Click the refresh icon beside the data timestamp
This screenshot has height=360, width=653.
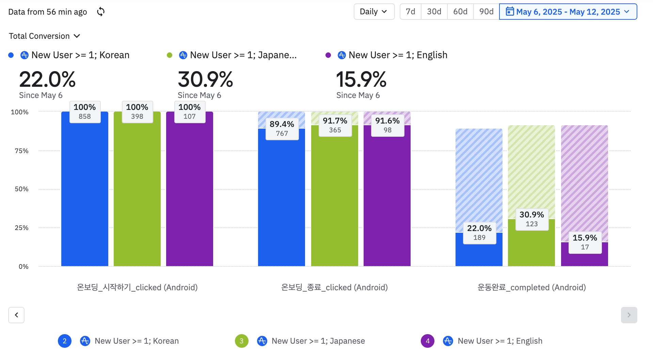100,12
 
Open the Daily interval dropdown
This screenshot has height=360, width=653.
374,12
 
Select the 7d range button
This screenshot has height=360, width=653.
410,12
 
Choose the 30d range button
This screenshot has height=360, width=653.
434,12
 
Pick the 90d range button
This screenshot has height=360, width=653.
486,12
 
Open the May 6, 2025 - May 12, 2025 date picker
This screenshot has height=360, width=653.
568,12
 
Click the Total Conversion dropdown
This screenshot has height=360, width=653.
44,36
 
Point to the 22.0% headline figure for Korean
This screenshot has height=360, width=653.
47,80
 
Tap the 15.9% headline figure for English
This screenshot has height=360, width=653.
361,80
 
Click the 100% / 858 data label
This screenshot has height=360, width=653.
85,112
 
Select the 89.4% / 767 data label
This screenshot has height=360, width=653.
282,129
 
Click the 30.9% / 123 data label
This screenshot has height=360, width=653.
532,219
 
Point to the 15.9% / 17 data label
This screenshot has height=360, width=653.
585,242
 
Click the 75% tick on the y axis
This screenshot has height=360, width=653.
21,151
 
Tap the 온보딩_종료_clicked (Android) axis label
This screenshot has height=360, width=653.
334,288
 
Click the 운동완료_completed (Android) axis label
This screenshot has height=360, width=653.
531,288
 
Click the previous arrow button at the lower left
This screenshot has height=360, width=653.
16,315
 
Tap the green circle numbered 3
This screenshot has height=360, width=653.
241,341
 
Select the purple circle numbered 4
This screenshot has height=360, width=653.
428,341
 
